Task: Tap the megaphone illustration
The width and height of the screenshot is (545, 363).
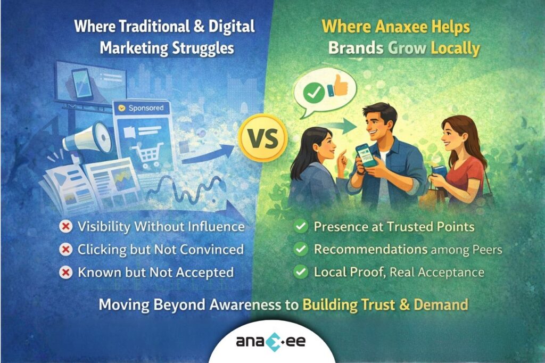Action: coord(85,137)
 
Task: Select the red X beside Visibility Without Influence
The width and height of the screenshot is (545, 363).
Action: coord(67,226)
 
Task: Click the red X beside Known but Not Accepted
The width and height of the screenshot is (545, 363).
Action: coord(67,273)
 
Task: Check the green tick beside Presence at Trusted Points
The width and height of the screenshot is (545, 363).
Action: coord(301,226)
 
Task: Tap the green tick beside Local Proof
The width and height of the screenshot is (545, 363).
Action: coord(301,273)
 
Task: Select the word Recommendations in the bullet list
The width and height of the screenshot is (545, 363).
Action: coord(370,249)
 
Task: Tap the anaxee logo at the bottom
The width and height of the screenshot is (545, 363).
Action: coord(271,341)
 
